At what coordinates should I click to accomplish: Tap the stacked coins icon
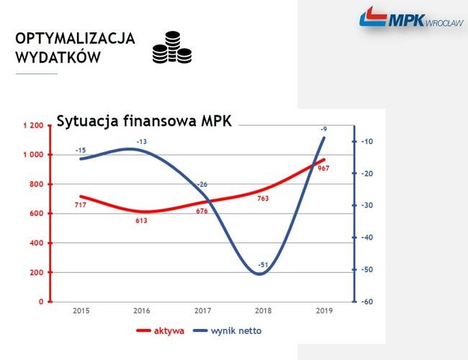pyautogui.click(x=172, y=48)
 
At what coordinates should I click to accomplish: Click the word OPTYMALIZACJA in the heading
pyautogui.click(x=75, y=38)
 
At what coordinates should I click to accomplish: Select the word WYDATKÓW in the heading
pyautogui.click(x=58, y=57)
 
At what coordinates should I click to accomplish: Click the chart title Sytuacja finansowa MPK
pyautogui.click(x=144, y=121)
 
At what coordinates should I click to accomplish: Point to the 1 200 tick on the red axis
pyautogui.click(x=33, y=125)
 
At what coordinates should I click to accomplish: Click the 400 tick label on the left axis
pyautogui.click(x=37, y=243)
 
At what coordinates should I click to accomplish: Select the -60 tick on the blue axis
pyautogui.click(x=367, y=302)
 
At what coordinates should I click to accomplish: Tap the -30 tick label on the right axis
pyautogui.click(x=367, y=205)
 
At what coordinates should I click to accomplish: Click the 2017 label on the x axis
pyautogui.click(x=202, y=311)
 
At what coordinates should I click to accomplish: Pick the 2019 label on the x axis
pyautogui.click(x=324, y=311)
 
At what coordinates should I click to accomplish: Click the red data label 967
pyautogui.click(x=323, y=168)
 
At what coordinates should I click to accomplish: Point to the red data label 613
pyautogui.click(x=141, y=220)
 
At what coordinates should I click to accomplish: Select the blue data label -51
pyautogui.click(x=263, y=265)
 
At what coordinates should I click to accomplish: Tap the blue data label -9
pyautogui.click(x=324, y=129)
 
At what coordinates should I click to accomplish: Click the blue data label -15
pyautogui.click(x=81, y=150)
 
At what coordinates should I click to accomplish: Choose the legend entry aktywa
pyautogui.click(x=161, y=330)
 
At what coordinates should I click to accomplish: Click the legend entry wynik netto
pyautogui.click(x=228, y=330)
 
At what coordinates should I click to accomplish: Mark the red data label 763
pyautogui.click(x=263, y=199)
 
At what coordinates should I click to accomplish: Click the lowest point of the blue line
pyautogui.click(x=259, y=274)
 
